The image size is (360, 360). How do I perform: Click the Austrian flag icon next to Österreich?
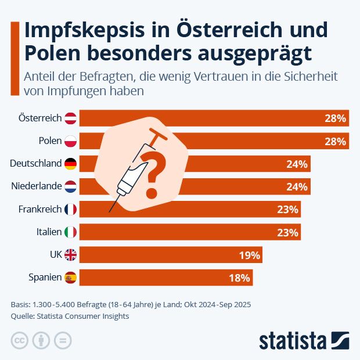[70, 118]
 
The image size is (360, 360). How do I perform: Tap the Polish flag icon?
[70, 141]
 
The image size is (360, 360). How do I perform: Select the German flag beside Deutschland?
[70, 164]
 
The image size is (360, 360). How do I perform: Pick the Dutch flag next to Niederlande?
[70, 186]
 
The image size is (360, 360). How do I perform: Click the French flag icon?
[70, 209]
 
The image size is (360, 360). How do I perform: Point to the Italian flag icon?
[70, 232]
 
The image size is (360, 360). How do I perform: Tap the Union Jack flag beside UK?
[70, 255]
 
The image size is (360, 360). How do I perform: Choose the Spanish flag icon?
[70, 278]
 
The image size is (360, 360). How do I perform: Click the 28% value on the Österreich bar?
[335, 118]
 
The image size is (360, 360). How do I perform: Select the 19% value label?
[250, 255]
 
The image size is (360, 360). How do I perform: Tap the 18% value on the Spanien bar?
[239, 278]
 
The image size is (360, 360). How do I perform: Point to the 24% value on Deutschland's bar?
[297, 164]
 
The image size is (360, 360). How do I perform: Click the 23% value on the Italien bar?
[287, 233]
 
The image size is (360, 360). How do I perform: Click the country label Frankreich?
[39, 209]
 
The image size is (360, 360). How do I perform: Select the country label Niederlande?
[36, 186]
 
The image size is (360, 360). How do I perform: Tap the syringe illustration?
[131, 171]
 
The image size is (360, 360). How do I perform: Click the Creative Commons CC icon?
[20, 340]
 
